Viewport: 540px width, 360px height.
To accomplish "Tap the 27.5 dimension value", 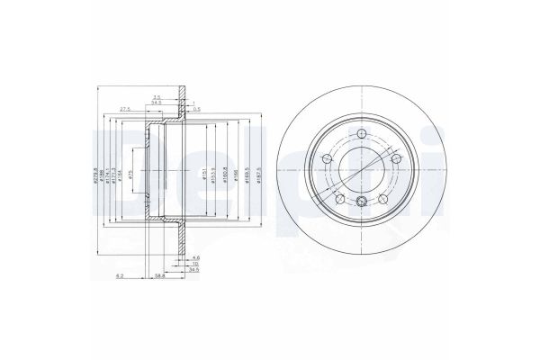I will click(x=125, y=109).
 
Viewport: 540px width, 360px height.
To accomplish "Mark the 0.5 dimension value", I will click(x=195, y=109).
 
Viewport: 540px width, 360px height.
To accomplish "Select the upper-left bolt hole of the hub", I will click(x=328, y=159).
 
